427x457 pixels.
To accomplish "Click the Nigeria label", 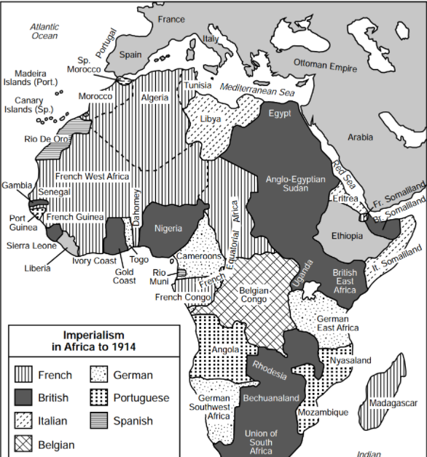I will click(x=168, y=228).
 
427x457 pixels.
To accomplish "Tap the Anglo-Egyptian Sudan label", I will click(x=286, y=183).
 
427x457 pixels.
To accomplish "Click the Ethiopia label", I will click(x=346, y=236).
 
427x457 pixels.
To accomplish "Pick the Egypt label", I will click(x=279, y=114).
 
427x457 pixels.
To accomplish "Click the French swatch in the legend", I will click(x=26, y=375).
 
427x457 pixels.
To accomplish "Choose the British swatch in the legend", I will click(x=26, y=398).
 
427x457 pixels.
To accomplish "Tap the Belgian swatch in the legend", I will click(x=26, y=443).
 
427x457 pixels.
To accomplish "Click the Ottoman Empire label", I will click(x=325, y=65).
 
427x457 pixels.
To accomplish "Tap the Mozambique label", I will click(x=323, y=412).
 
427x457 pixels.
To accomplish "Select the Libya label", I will click(x=210, y=118).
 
